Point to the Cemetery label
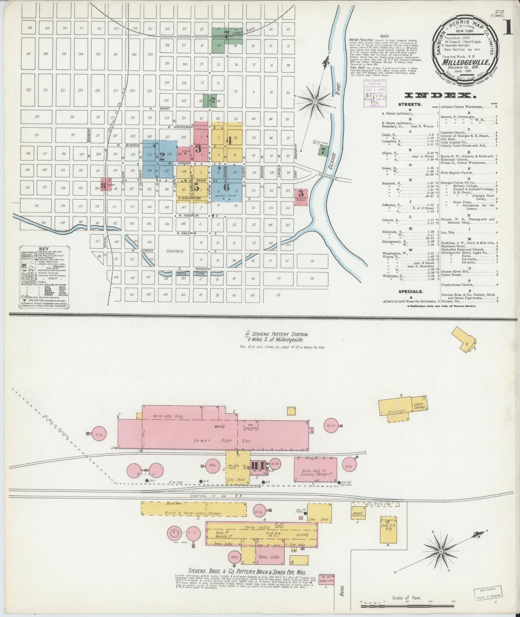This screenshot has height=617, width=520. coord(175,251)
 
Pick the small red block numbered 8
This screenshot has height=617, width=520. coord(103,186)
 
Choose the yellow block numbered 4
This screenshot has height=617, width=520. coord(229,140)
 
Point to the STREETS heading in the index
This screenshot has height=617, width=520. coord(410,104)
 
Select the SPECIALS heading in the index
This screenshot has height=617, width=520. coord(410,292)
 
